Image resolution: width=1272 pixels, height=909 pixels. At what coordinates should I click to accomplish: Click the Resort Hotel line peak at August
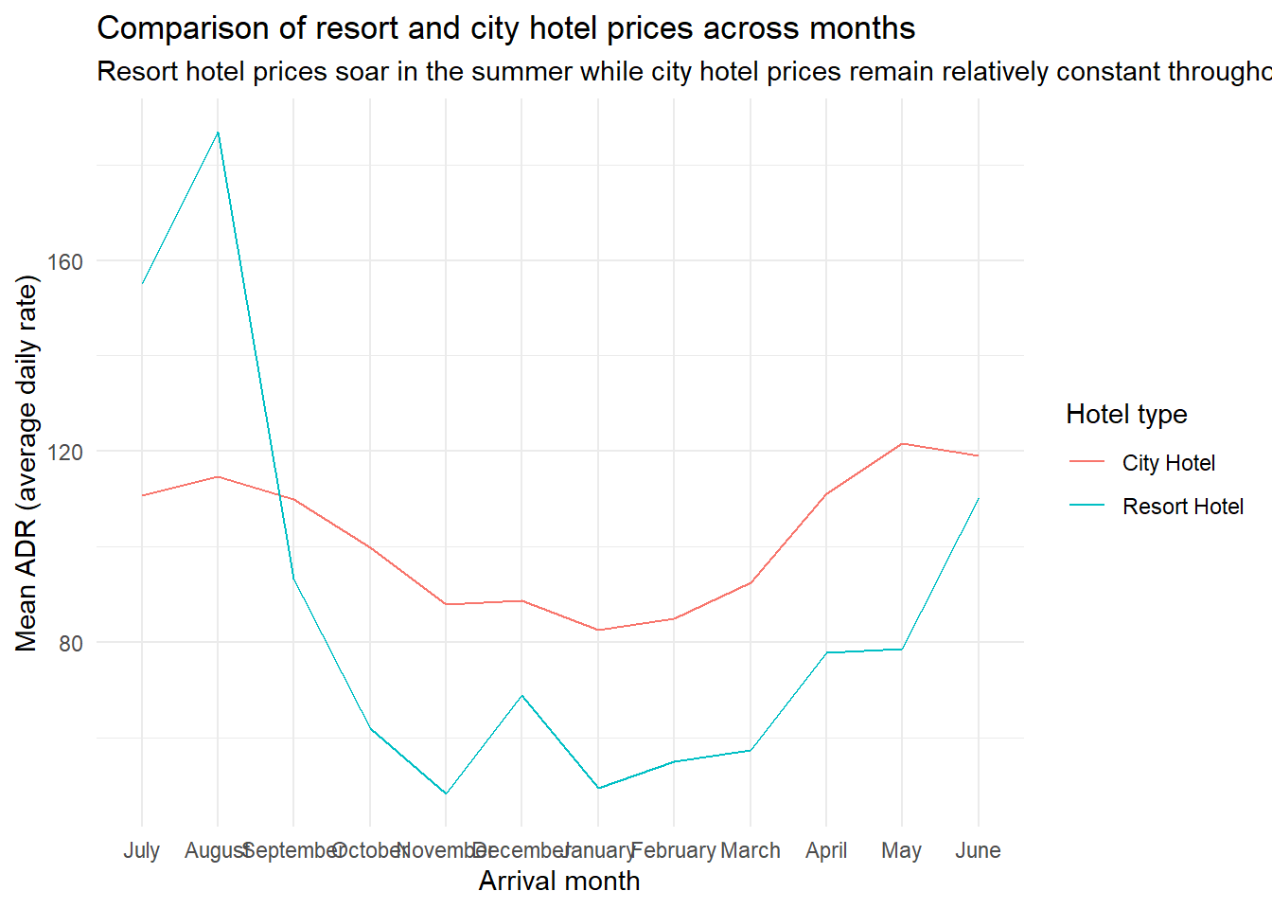click(218, 133)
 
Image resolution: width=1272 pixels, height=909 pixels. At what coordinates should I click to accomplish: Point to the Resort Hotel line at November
click(446, 793)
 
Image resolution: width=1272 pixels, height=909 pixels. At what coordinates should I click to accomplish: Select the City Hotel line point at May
click(902, 443)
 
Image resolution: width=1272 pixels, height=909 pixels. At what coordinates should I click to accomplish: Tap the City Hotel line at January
click(598, 630)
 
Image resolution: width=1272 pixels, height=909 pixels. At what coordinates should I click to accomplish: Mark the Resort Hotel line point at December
click(521, 696)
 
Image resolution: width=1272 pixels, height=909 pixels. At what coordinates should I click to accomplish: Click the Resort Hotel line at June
click(978, 498)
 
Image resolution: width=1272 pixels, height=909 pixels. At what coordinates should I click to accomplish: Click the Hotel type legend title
click(1126, 415)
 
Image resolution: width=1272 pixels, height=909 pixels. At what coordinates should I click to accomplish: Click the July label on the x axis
click(142, 850)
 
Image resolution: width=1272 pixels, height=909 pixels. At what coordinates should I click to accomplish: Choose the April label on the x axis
click(826, 850)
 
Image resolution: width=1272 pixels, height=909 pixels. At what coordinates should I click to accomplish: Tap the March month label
click(751, 850)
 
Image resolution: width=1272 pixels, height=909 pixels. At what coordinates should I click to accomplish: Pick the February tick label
click(673, 850)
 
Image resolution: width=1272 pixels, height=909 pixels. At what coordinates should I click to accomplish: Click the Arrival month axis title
click(559, 882)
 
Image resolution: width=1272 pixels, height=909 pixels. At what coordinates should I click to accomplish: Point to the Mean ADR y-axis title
click(26, 463)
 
